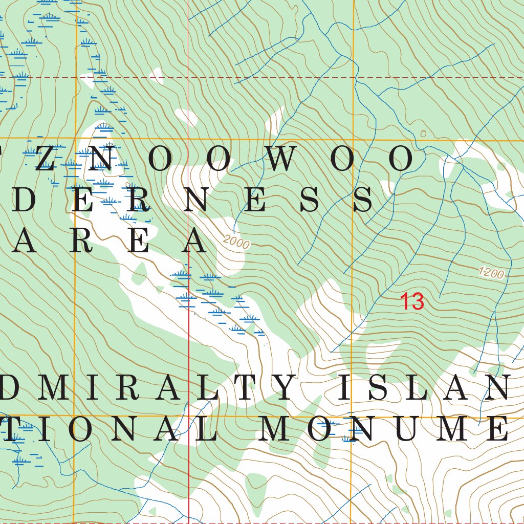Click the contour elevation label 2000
click(x=236, y=242)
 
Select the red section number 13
click(x=412, y=302)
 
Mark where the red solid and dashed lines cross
click(x=188, y=77)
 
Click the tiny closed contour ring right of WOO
click(x=423, y=134)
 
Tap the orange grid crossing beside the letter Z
click(x=76, y=138)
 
